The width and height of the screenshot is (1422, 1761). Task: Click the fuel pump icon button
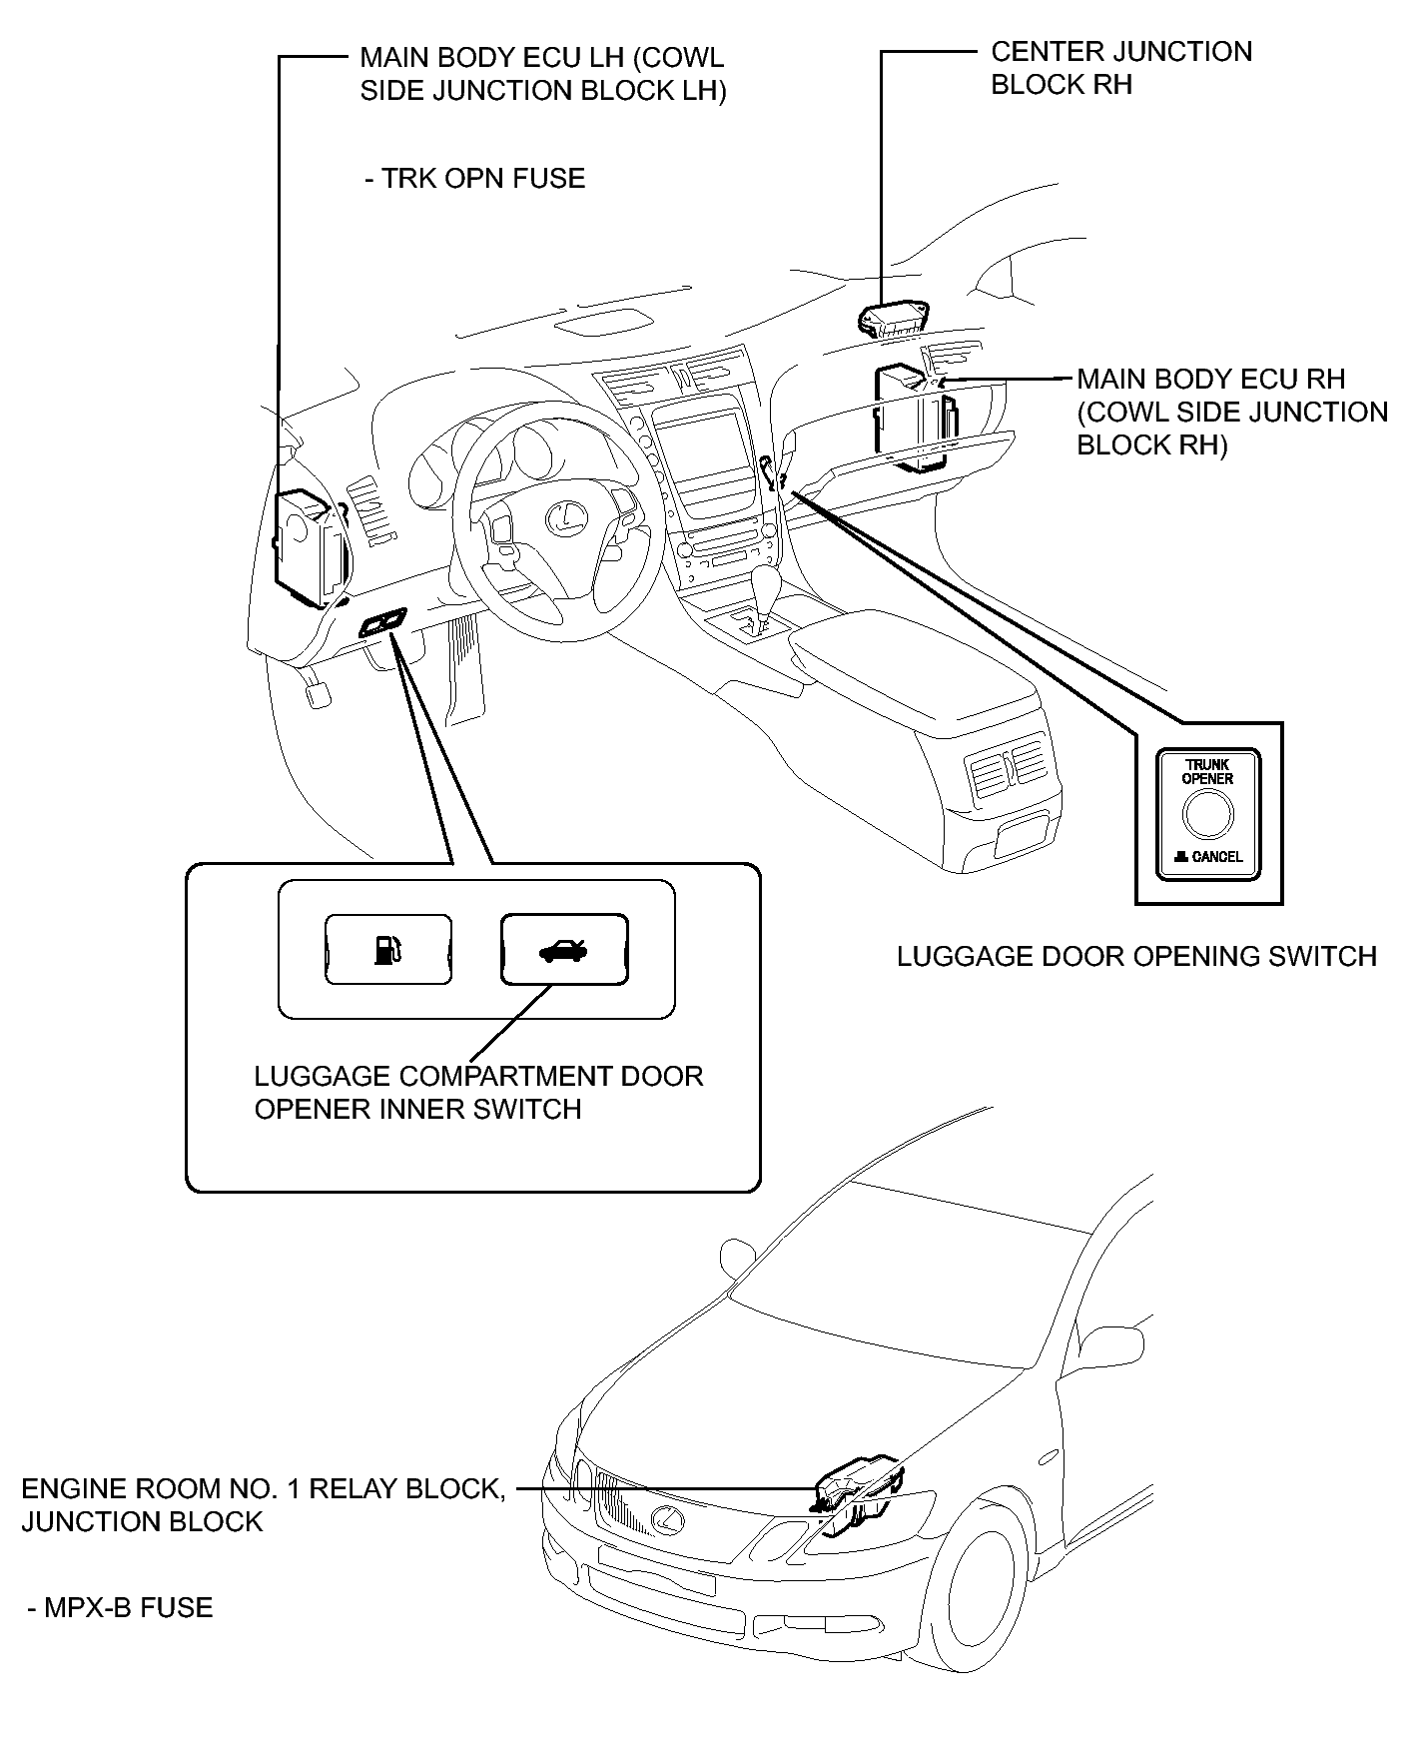388,949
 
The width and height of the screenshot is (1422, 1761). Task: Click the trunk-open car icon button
564,949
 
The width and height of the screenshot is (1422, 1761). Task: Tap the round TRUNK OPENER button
1208,815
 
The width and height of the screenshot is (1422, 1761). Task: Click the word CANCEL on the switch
1217,857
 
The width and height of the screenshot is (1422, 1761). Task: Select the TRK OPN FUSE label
474,179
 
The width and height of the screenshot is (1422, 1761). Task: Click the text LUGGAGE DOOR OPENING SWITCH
1136,956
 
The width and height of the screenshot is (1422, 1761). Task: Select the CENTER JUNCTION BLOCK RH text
1120,68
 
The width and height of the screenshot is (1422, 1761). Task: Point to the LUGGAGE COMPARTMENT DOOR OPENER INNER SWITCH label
479,1092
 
